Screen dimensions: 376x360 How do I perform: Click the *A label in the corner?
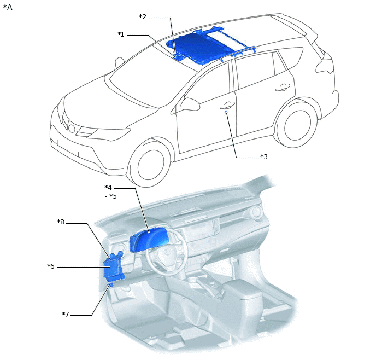click(8, 7)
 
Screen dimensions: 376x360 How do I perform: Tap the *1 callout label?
click(121, 34)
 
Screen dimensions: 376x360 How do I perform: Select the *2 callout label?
click(143, 17)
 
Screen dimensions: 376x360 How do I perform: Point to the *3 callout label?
click(264, 156)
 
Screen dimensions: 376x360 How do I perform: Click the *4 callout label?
click(108, 187)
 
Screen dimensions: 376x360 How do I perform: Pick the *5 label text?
click(113, 196)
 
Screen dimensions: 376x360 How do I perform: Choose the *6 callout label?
click(51, 266)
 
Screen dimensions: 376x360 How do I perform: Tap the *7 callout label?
click(66, 314)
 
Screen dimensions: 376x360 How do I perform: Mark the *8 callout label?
click(61, 222)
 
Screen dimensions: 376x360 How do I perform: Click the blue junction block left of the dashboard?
click(114, 266)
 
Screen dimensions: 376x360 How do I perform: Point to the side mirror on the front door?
click(190, 104)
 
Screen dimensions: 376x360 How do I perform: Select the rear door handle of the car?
click(283, 88)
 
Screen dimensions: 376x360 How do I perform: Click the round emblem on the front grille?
click(72, 129)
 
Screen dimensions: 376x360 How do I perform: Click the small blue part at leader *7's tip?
click(110, 285)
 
